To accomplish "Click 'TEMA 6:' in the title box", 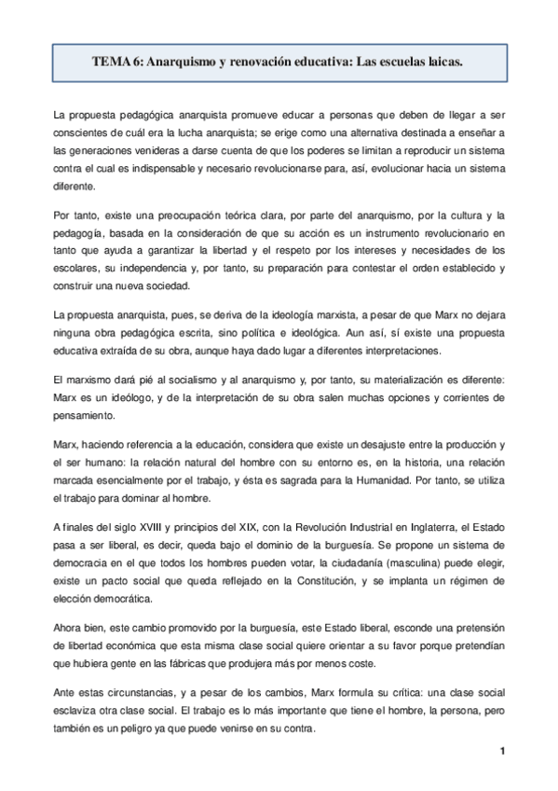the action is [x=117, y=62].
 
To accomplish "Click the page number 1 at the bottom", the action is [x=501, y=752].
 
